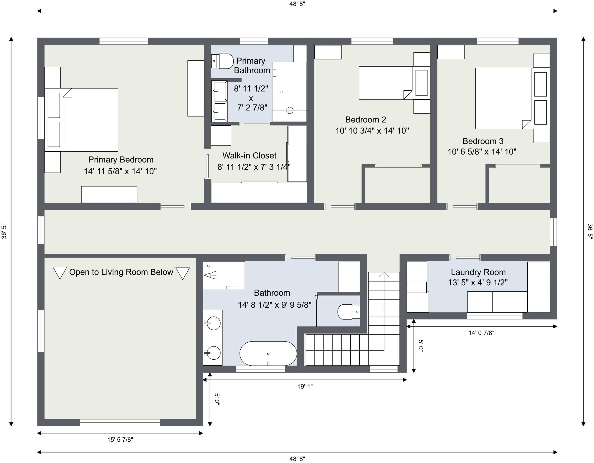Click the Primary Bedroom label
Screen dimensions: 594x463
pos(121,160)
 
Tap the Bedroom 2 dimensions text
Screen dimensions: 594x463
pos(372,131)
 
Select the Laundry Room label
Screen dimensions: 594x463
pos(478,272)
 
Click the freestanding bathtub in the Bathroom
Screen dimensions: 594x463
pos(268,354)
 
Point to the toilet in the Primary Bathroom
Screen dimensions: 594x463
pos(223,61)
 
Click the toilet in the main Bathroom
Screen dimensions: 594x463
pos(349,312)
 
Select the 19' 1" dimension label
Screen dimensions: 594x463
pos(305,386)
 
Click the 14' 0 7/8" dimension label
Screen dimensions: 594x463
pos(481,333)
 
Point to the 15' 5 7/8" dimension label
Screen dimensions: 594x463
pos(120,440)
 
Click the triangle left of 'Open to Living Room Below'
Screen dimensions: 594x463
pos(60,273)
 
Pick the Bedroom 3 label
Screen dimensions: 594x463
pos(483,141)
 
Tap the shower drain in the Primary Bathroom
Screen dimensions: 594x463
pos(290,110)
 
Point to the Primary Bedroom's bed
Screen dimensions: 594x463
pos(81,120)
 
